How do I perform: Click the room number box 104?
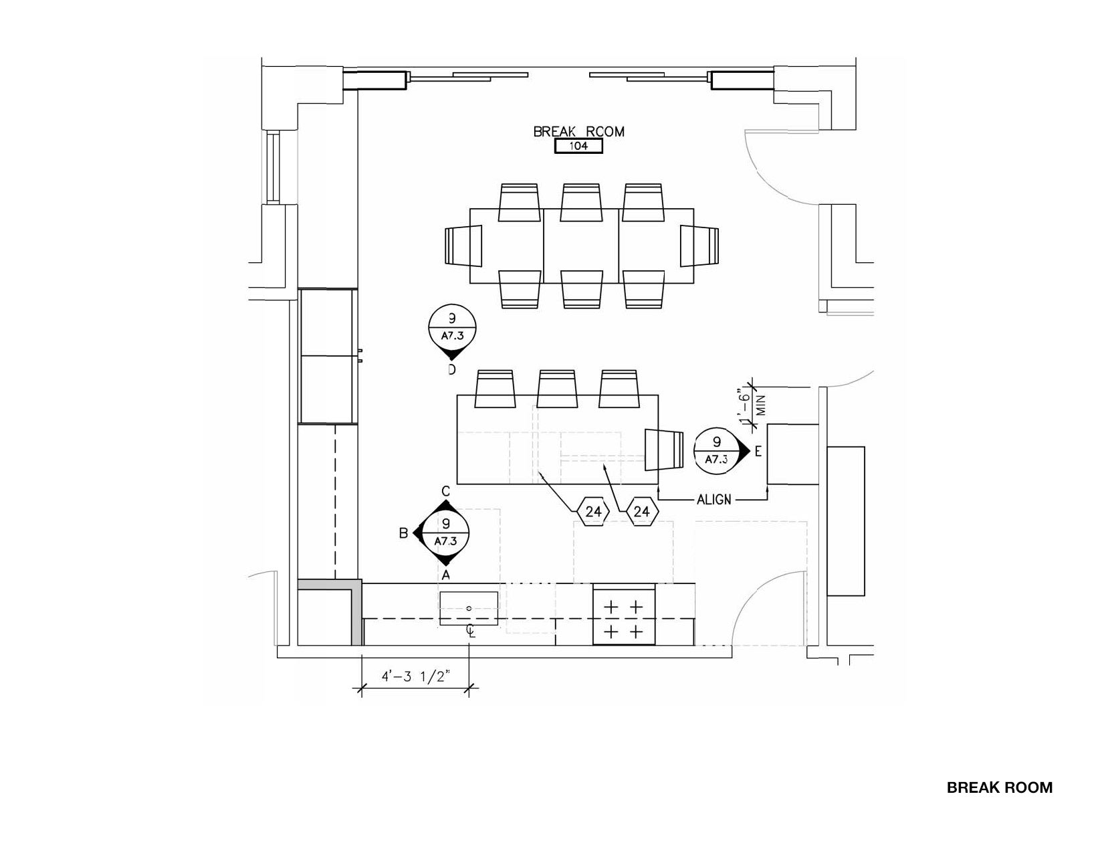[578, 147]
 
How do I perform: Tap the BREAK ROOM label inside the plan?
[578, 132]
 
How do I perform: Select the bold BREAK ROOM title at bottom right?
[999, 787]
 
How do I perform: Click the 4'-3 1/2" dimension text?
[416, 676]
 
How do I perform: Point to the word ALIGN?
[713, 500]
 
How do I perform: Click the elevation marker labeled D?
[452, 333]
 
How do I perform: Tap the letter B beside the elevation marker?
[403, 533]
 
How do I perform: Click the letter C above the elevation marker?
[445, 491]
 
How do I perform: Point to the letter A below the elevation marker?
[445, 575]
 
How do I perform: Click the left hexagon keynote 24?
[593, 511]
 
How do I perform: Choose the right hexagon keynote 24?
[642, 511]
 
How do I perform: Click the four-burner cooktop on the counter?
[624, 614]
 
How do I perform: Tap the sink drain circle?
[469, 608]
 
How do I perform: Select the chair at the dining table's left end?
[463, 246]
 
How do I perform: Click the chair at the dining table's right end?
[699, 246]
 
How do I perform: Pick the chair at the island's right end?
[664, 450]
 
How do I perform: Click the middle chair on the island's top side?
[557, 389]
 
